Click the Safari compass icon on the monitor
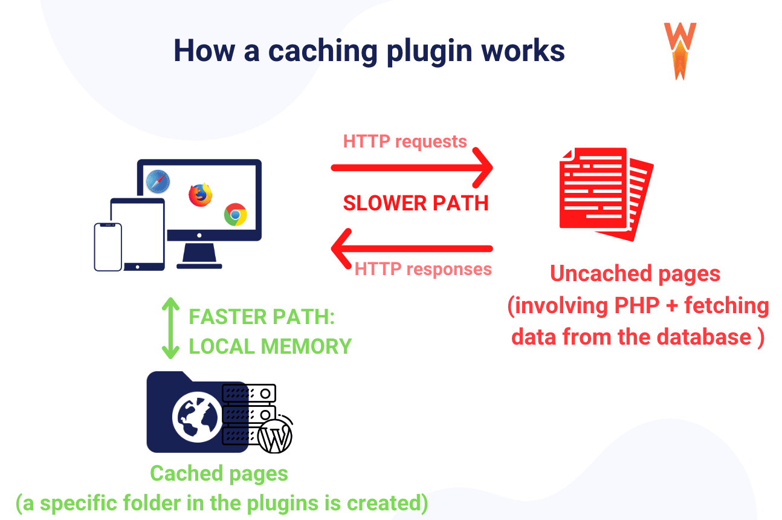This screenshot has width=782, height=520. coord(158,181)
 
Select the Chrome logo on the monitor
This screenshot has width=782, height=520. coord(235,215)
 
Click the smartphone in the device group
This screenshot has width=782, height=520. coord(108,247)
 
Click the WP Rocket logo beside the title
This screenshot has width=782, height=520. coord(680,51)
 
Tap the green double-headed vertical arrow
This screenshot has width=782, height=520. coord(172,328)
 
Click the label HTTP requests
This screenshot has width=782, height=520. coord(405,141)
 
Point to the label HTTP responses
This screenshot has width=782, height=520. coord(423,268)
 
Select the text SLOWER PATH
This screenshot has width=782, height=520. coord(416,203)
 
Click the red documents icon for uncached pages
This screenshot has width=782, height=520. coord(606,193)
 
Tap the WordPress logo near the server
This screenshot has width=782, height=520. coord(275,436)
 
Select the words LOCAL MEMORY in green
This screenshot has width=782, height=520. coord(270,346)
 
